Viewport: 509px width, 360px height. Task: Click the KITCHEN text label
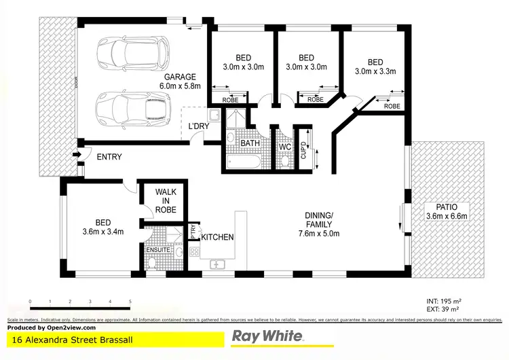(217, 237)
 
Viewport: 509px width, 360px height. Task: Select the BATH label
(250, 143)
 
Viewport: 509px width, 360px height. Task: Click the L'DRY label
(199, 127)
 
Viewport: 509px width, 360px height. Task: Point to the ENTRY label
(109, 157)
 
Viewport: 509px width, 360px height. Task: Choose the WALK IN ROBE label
(165, 202)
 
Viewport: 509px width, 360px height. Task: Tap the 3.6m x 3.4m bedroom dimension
(103, 232)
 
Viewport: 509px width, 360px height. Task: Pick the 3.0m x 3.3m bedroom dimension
(375, 71)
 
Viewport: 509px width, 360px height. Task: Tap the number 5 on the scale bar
(130, 301)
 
